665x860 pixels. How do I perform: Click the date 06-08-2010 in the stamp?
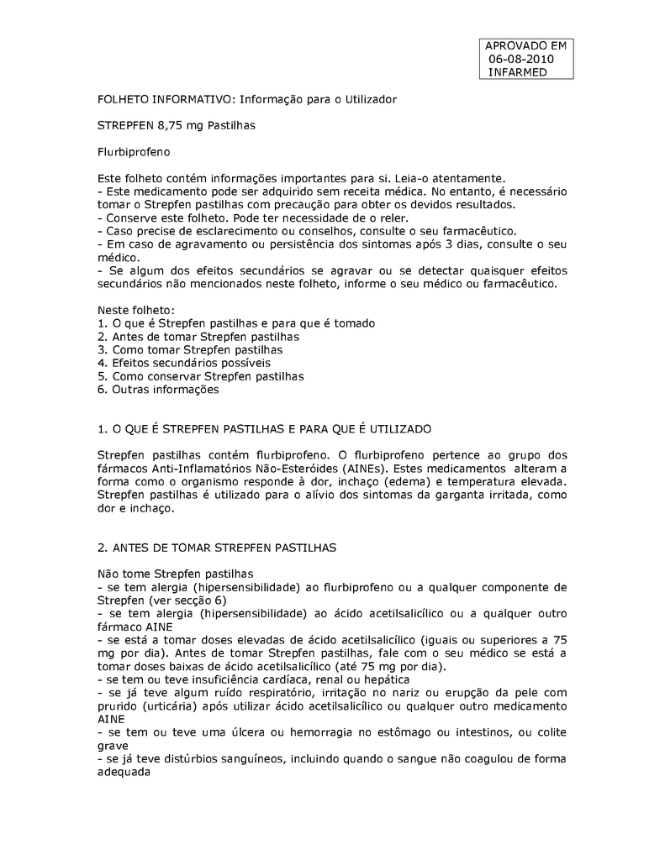(x=521, y=59)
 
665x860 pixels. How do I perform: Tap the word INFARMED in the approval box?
(x=518, y=72)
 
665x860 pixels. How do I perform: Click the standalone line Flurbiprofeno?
(x=135, y=153)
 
